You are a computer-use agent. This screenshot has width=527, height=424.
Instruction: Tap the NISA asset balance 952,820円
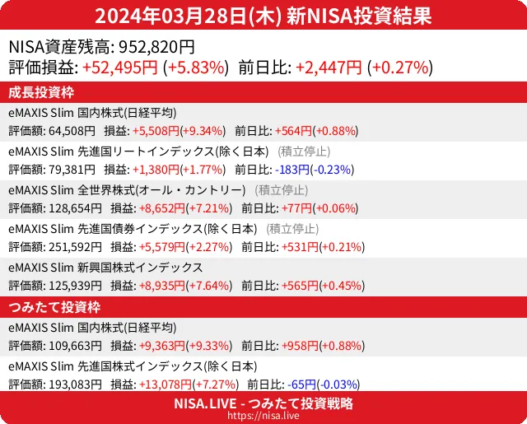pos(156,48)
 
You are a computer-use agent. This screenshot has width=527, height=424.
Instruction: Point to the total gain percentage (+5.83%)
pos(196,68)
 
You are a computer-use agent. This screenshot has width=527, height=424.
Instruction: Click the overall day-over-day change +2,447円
pos(329,68)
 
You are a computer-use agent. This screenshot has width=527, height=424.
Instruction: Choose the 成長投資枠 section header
pos(41,91)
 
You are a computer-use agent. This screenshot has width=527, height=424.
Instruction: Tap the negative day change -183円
pos(295,170)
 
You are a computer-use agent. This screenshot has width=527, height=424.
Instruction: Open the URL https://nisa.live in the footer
pos(263,417)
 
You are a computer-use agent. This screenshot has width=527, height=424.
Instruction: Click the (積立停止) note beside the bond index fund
pos(294,229)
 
